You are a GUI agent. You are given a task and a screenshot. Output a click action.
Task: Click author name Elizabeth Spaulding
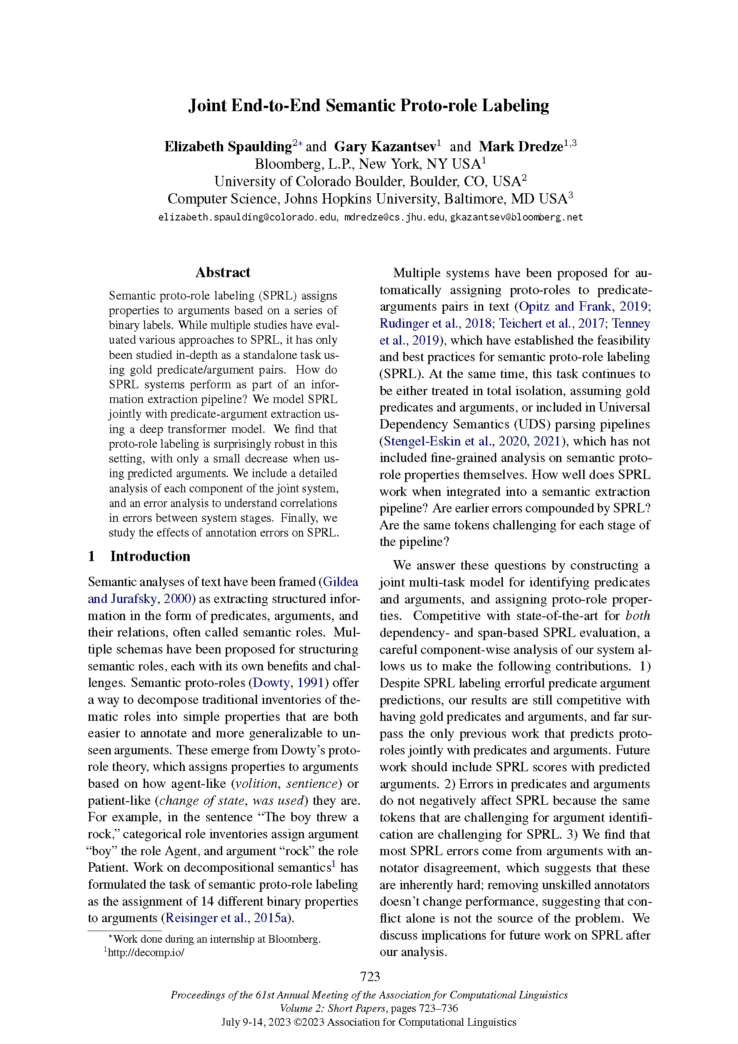point(228,146)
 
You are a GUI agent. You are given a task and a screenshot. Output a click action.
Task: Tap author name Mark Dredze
point(521,146)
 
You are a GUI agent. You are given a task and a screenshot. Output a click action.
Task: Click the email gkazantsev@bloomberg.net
point(516,217)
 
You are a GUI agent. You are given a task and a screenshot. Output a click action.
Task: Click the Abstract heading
point(223,272)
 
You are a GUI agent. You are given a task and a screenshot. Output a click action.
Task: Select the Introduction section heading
point(150,556)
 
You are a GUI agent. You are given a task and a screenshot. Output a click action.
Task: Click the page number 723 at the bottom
point(369,976)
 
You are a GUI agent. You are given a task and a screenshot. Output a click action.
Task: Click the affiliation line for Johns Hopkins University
point(367,199)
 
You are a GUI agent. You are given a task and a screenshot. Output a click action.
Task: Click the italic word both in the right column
point(638,616)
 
